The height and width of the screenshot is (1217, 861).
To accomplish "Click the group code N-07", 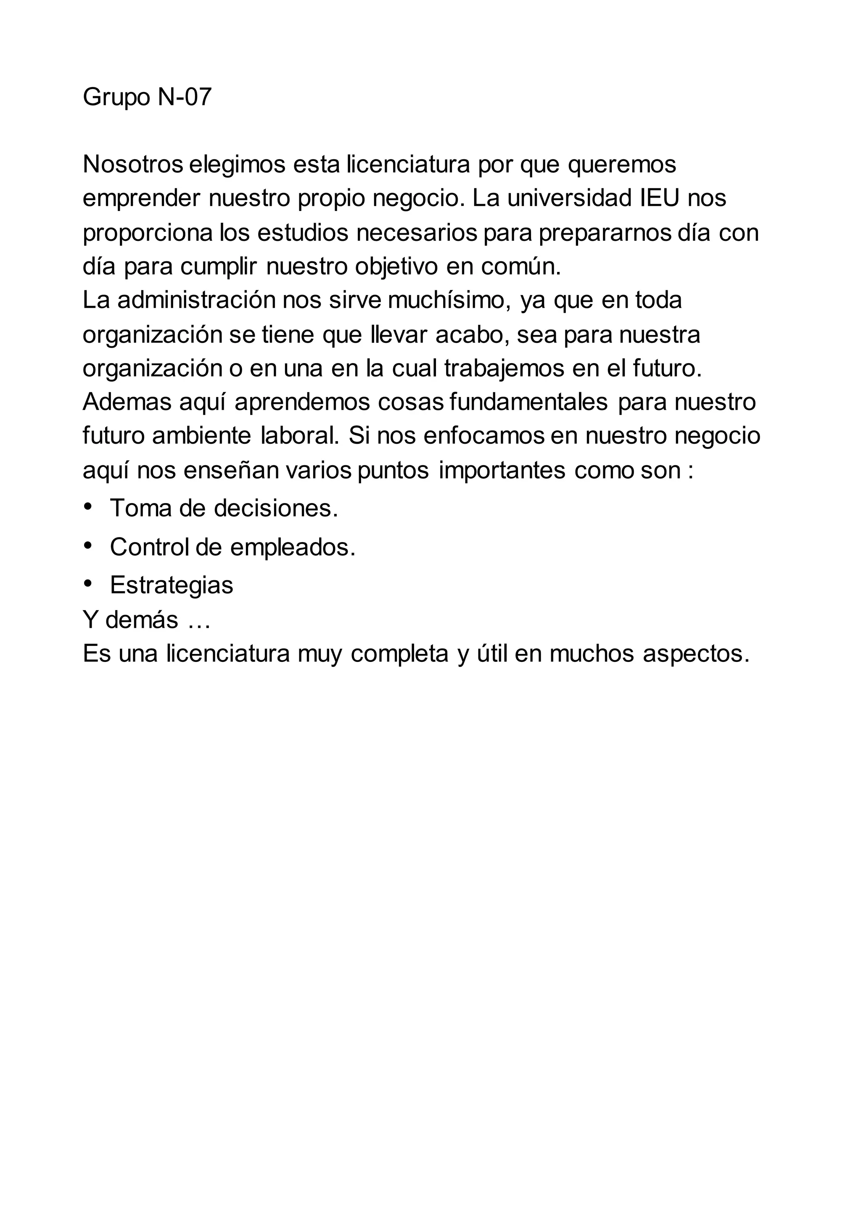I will coord(185,97).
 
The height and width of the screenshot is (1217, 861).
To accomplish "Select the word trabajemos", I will coord(504,369).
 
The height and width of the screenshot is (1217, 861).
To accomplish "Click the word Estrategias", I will coord(171,585).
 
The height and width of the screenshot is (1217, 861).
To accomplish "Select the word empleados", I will coord(292,547).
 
